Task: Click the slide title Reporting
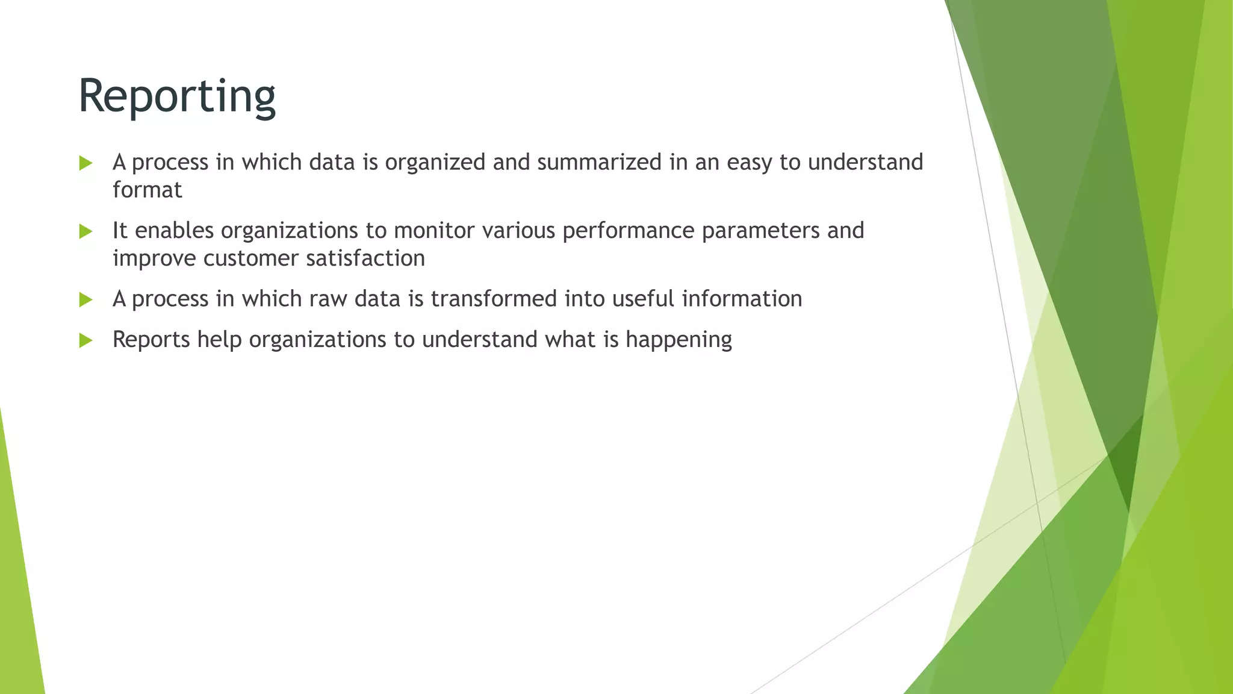click(x=177, y=96)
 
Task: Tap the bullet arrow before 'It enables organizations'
click(x=85, y=231)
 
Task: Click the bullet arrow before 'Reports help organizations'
click(x=85, y=340)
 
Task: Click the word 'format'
click(x=147, y=190)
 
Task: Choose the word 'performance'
click(x=628, y=231)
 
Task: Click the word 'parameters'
click(x=760, y=231)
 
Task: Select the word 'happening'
click(x=679, y=340)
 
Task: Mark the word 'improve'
click(x=154, y=259)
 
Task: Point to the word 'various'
click(x=518, y=230)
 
